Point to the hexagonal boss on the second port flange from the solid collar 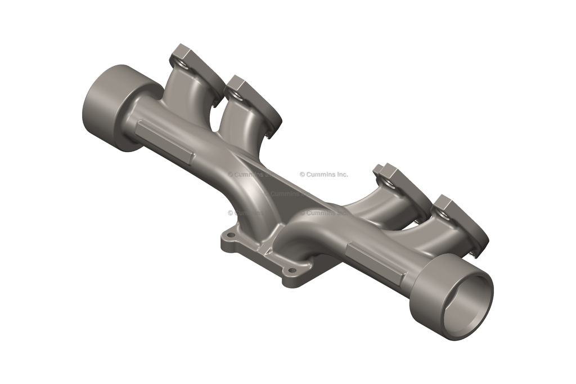pos(236,85)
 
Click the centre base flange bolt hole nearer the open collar pos(291,271)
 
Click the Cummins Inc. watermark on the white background pos(324,175)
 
